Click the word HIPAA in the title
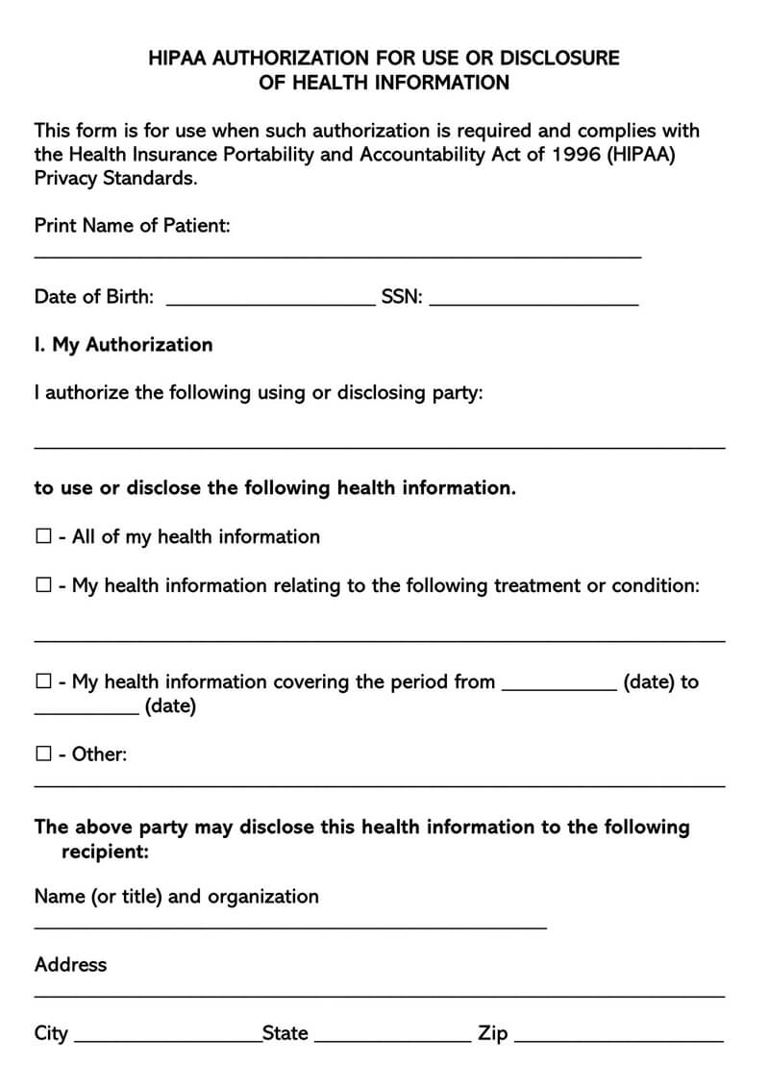[x=178, y=58]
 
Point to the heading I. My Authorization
[x=123, y=344]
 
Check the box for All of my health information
[x=43, y=536]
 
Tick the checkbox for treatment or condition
[x=43, y=585]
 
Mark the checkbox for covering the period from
[x=43, y=681]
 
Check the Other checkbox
[x=43, y=754]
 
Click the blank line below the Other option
[x=380, y=785]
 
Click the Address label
[x=70, y=964]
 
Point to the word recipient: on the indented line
[x=105, y=852]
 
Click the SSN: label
[x=402, y=296]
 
